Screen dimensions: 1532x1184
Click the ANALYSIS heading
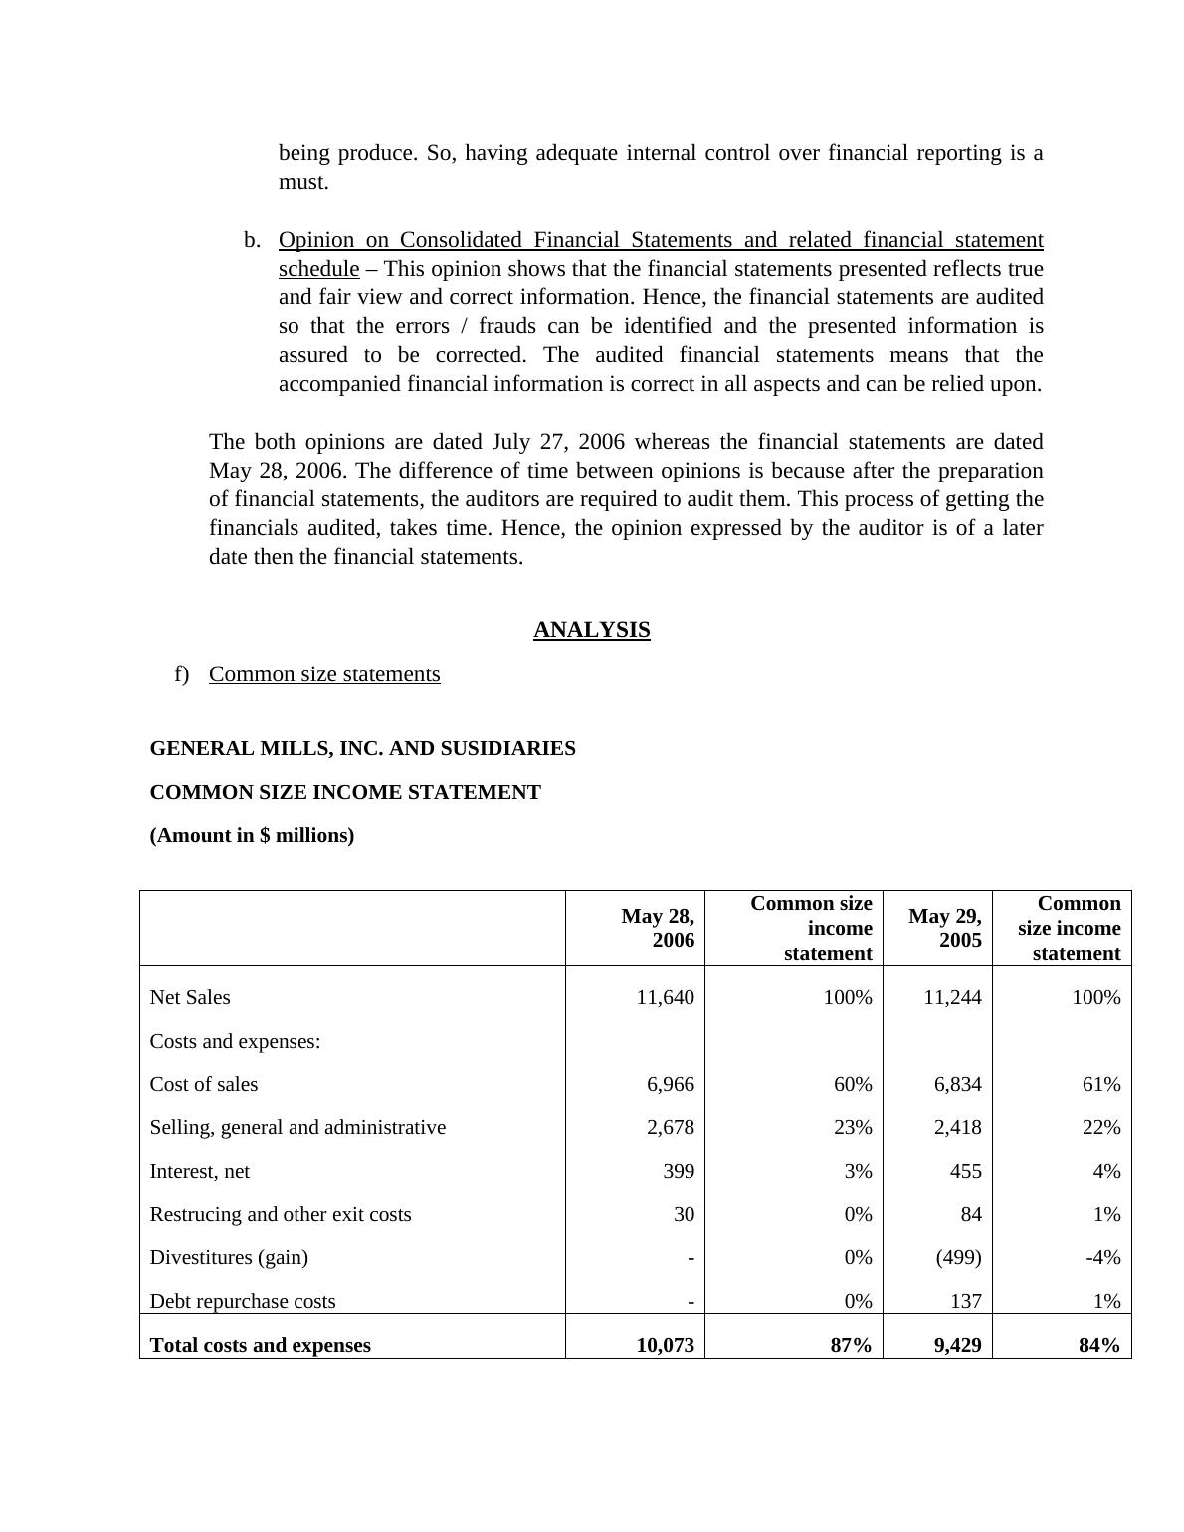tap(591, 630)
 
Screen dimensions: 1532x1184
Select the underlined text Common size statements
tap(324, 674)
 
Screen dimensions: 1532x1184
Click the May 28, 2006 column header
tap(658, 928)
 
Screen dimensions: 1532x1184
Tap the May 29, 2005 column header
tap(944, 928)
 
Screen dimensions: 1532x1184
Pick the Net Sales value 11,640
tap(665, 997)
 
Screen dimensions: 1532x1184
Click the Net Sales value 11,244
tap(952, 997)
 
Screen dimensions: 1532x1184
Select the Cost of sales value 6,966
tap(671, 1084)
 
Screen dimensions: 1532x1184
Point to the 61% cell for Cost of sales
tap(1100, 1084)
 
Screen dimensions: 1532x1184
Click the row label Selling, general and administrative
tap(297, 1127)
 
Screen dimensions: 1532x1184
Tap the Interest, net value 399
tap(679, 1171)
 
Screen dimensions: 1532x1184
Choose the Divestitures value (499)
tap(958, 1257)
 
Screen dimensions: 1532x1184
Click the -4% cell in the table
tap(1102, 1257)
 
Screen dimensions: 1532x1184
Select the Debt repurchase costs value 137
tap(965, 1301)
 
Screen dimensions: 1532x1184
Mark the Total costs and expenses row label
tap(260, 1345)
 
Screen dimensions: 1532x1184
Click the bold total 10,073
tap(665, 1345)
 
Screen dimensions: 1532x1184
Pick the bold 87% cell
tap(851, 1345)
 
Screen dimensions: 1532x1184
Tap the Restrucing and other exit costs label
tap(280, 1214)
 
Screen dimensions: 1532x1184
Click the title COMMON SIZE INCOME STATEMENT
tap(345, 792)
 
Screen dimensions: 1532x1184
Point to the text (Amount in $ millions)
tap(252, 835)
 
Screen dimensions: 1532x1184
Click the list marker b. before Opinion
tap(252, 240)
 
